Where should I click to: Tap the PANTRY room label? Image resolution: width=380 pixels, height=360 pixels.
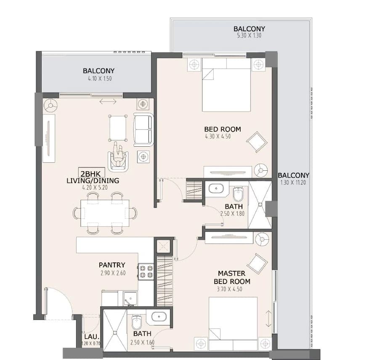[112, 265]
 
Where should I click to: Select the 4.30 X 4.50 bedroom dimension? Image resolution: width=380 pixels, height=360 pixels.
[218, 136]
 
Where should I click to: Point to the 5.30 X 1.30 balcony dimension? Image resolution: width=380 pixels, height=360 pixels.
[249, 35]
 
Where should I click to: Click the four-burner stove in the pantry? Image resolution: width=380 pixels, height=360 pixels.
[146, 272]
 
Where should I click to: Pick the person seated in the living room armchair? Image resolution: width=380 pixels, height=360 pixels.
[119, 155]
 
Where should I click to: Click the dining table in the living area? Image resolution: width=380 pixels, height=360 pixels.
[105, 213]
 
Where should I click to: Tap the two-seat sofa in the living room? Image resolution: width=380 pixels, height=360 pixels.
[143, 130]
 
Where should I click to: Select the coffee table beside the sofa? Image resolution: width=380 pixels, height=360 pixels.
[118, 128]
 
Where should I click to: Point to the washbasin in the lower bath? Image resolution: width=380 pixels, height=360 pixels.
[159, 316]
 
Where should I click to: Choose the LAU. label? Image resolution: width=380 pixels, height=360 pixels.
[92, 336]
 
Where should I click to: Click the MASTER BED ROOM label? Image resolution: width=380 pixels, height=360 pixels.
[232, 278]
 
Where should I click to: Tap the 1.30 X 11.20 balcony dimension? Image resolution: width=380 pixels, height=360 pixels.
[293, 182]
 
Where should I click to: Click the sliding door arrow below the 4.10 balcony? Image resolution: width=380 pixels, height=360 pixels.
[108, 102]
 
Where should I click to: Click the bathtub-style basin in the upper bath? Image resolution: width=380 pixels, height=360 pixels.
[216, 188]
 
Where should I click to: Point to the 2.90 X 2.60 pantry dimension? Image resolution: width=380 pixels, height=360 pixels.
[113, 273]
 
